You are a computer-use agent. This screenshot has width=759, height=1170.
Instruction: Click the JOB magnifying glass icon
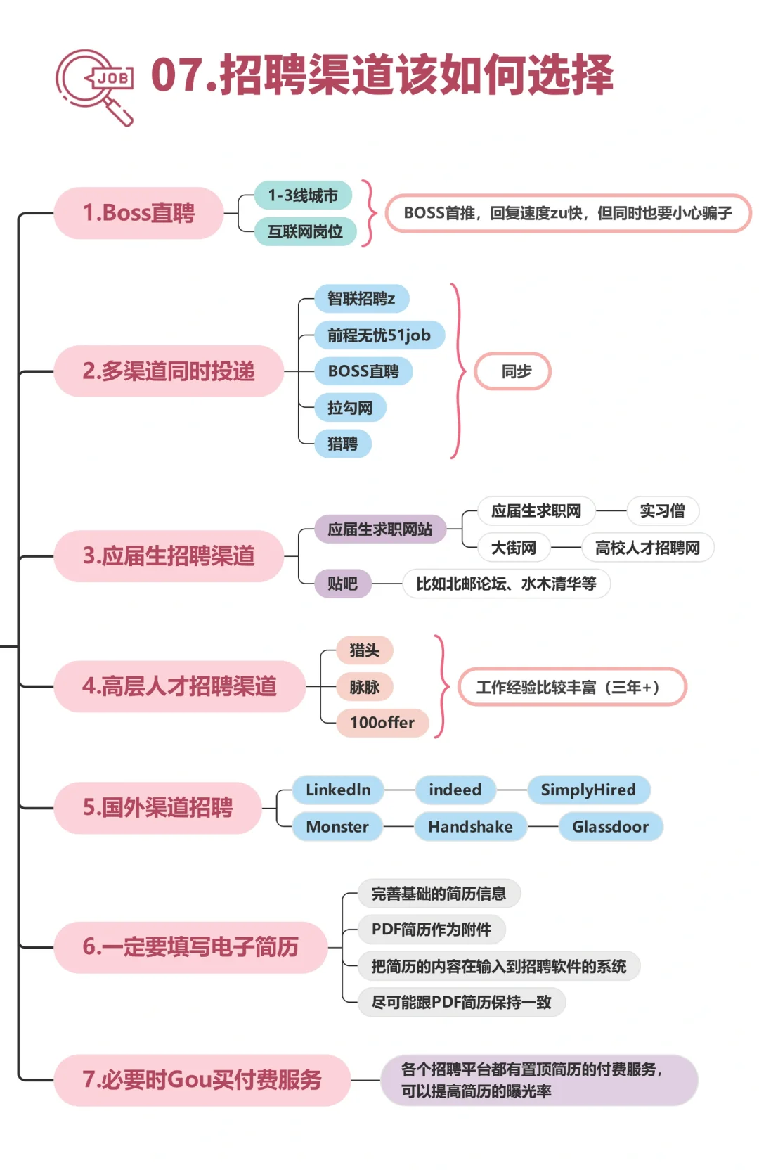(x=96, y=86)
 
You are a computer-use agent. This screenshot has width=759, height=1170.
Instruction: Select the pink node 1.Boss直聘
(x=138, y=213)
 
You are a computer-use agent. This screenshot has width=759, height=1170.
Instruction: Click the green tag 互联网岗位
(x=305, y=231)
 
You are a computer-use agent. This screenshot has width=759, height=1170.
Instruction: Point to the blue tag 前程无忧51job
(x=379, y=335)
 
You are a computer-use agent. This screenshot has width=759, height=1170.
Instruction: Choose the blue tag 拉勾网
(x=350, y=408)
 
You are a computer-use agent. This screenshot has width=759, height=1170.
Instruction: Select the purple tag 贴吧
(x=342, y=584)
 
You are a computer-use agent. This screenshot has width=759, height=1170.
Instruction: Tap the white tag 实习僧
(x=662, y=511)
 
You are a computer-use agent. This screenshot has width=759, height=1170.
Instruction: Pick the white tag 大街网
(x=513, y=548)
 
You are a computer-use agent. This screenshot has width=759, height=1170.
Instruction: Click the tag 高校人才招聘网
(x=647, y=548)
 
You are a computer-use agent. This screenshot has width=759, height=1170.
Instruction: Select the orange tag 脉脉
(x=364, y=687)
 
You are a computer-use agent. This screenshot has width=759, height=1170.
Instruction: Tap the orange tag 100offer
(x=382, y=723)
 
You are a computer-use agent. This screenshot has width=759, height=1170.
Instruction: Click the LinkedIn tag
(x=338, y=790)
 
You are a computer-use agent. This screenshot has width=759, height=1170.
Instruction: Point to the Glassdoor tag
(x=610, y=827)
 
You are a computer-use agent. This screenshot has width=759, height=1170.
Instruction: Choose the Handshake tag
(x=470, y=827)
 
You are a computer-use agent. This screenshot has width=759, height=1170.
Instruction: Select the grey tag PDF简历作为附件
(x=431, y=930)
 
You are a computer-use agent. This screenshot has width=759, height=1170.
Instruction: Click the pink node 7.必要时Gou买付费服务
(x=202, y=1080)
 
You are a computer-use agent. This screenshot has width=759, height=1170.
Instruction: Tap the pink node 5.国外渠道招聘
(x=157, y=808)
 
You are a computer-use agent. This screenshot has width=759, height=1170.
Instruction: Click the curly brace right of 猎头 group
(x=441, y=686)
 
